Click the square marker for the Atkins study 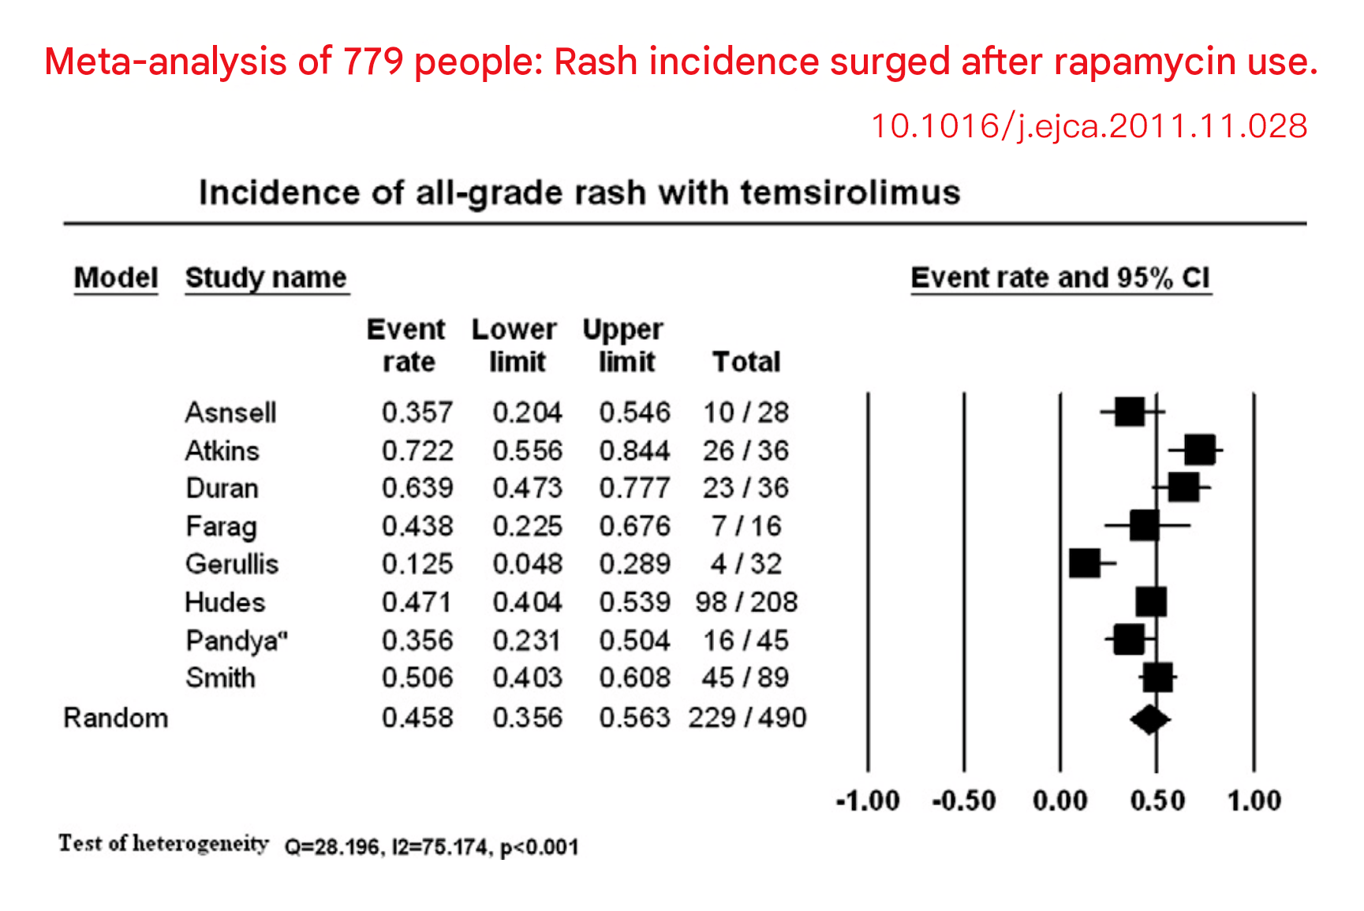(x=1199, y=450)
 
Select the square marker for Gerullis (x=1085, y=563)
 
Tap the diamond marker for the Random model (x=1149, y=719)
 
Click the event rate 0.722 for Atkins (x=417, y=450)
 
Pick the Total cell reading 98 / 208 (x=746, y=602)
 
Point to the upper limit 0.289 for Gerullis (x=634, y=564)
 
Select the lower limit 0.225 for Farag (x=528, y=526)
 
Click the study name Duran (x=222, y=488)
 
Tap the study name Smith (x=221, y=678)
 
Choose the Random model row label (x=116, y=718)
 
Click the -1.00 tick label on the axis (x=868, y=801)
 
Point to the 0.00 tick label (x=1060, y=801)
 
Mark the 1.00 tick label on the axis (x=1254, y=801)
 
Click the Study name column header (x=266, y=278)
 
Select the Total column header (x=746, y=361)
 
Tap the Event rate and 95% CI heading (x=1060, y=278)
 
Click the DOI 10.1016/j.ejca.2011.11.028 (x=1089, y=126)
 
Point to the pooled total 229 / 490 (x=747, y=718)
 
